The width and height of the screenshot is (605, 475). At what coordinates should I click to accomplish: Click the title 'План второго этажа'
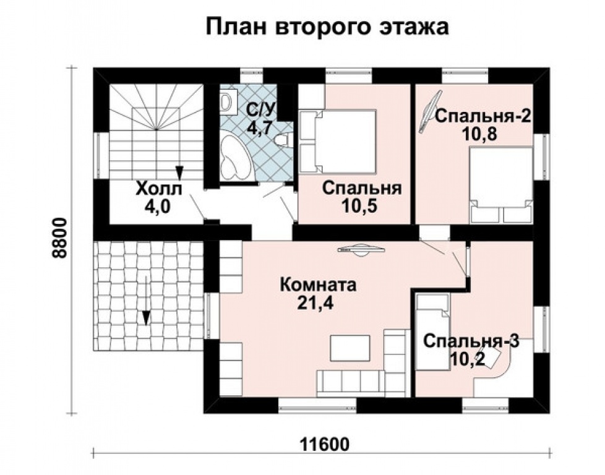[326, 27]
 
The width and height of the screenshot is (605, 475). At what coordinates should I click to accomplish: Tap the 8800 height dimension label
[60, 239]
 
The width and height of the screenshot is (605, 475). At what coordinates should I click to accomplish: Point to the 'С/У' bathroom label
[260, 110]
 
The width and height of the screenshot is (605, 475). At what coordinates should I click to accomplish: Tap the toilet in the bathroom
[283, 140]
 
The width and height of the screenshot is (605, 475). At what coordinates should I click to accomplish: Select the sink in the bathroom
[227, 101]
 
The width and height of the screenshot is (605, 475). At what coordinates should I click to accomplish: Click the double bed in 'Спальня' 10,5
[339, 141]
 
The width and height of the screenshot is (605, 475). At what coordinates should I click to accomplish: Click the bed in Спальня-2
[501, 184]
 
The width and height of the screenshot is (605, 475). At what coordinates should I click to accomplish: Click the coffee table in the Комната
[350, 348]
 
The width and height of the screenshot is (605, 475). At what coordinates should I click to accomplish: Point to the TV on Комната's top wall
[361, 250]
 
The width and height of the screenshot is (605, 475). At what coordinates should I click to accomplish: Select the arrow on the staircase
[179, 170]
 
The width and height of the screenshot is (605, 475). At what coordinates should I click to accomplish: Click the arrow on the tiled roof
[146, 317]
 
